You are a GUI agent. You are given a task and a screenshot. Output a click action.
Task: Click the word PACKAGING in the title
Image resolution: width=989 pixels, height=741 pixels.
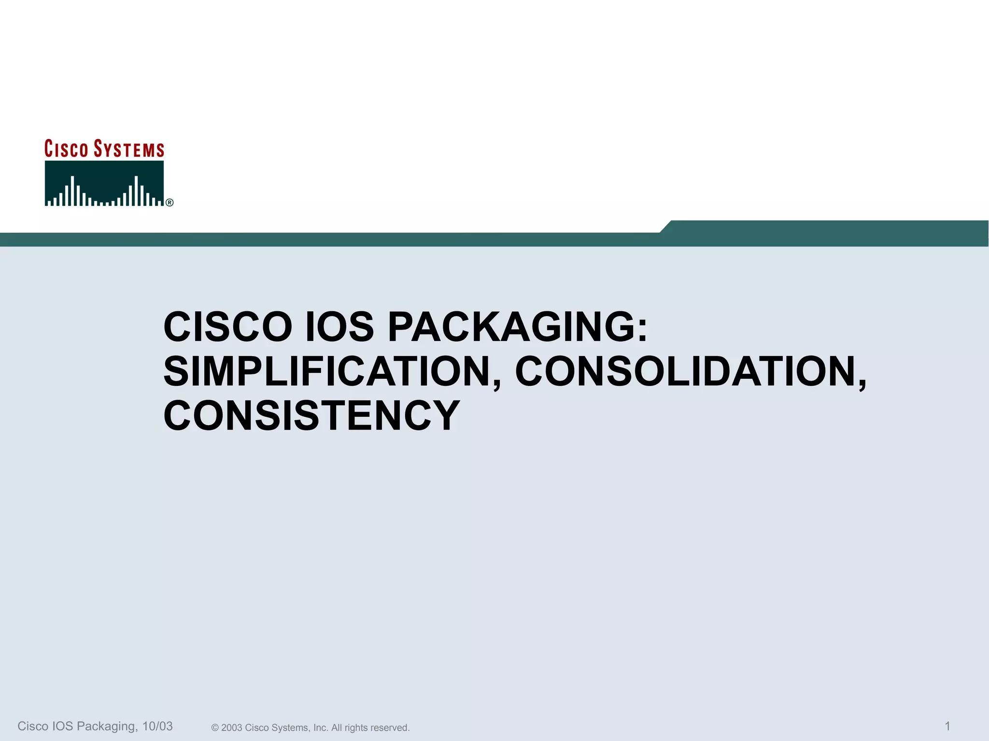click(x=511, y=327)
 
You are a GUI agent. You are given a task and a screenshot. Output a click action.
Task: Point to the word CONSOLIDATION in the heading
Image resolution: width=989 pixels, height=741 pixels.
click(x=685, y=371)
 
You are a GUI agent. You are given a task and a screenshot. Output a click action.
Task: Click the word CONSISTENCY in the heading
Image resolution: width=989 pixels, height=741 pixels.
click(x=311, y=416)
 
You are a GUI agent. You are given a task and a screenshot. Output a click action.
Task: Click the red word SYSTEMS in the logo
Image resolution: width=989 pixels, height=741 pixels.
click(x=129, y=149)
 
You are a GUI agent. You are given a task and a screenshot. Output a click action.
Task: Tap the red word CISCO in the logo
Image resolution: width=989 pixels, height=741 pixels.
click(x=66, y=149)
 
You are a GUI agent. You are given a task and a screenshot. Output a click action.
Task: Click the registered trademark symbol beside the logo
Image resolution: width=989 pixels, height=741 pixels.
click(x=170, y=203)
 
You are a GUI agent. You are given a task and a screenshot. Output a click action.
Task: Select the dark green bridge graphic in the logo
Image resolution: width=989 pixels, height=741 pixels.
click(x=104, y=184)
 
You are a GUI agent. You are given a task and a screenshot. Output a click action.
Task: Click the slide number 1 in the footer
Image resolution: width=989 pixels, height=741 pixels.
click(x=947, y=726)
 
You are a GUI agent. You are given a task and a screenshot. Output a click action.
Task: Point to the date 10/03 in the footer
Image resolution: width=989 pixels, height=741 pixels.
click(x=157, y=726)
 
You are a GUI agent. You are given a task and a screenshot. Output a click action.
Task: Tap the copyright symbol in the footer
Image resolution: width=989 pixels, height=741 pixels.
click(x=215, y=728)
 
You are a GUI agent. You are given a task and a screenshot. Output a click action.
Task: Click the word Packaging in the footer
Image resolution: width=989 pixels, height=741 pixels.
click(x=106, y=726)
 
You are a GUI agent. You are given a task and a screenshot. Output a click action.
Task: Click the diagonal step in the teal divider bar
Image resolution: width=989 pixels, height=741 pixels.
click(x=665, y=227)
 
